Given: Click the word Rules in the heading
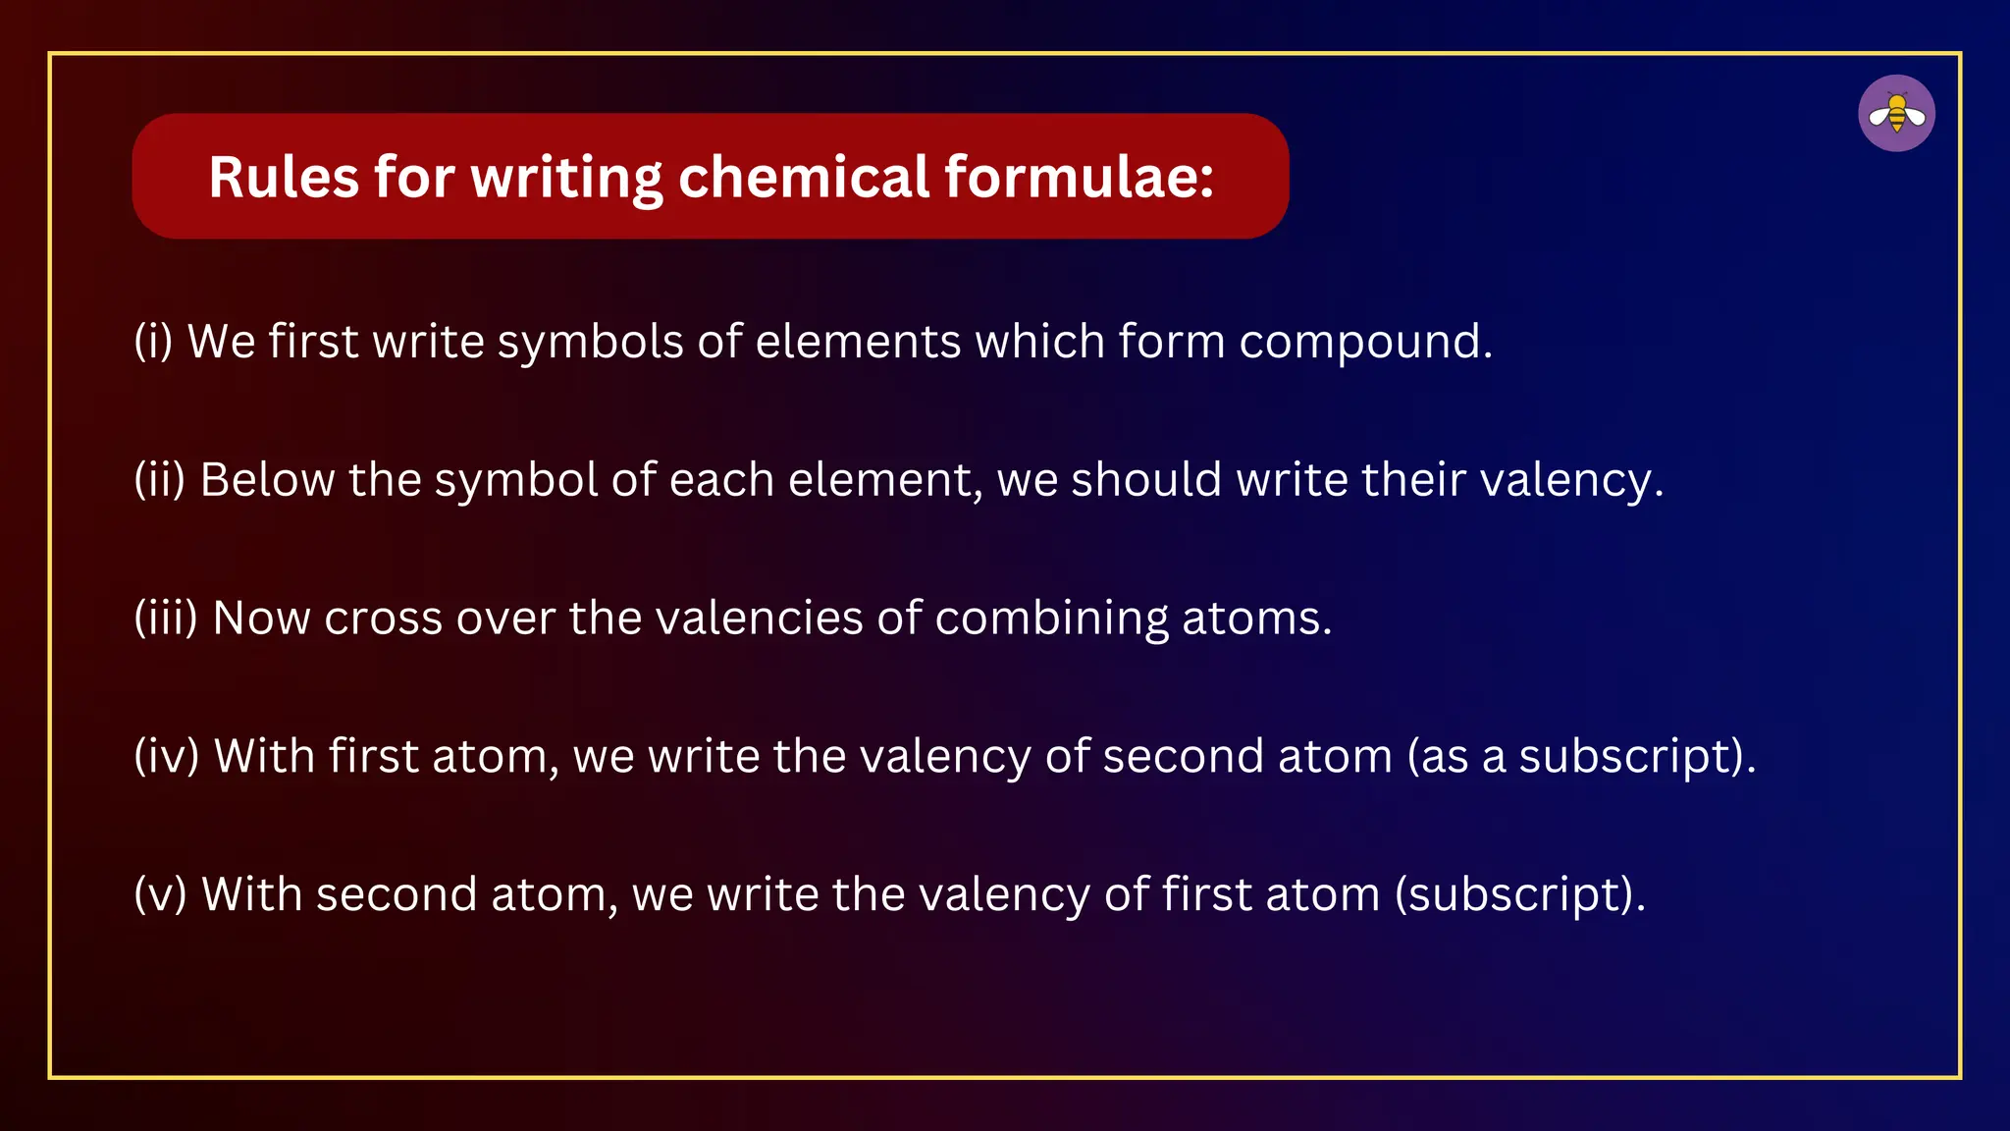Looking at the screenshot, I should (284, 178).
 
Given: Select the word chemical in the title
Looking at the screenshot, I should (803, 178).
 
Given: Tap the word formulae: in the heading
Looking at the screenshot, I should (1079, 178).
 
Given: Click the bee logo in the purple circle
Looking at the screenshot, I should (1896, 114).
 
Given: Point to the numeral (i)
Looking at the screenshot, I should (153, 342).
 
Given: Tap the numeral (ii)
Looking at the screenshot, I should (159, 480).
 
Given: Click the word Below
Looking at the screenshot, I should (267, 480).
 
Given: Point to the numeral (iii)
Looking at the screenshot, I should (166, 619).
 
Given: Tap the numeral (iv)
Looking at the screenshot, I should (166, 757).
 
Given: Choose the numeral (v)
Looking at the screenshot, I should (160, 895).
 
